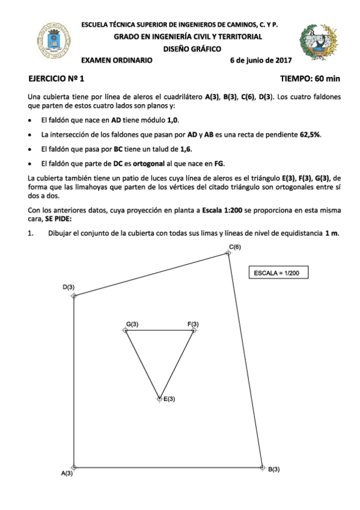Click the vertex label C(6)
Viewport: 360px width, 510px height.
click(x=235, y=247)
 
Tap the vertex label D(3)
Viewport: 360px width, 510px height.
click(x=69, y=287)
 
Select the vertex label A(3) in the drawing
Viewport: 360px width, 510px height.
click(x=67, y=474)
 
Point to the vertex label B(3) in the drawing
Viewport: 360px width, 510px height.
click(x=273, y=469)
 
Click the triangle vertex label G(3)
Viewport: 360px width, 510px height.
click(x=132, y=325)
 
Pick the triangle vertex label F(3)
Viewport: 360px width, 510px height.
click(x=193, y=325)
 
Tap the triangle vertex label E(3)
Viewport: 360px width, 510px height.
click(x=169, y=399)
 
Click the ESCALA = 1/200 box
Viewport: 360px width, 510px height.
click(x=277, y=272)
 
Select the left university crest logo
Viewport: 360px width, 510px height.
click(x=52, y=41)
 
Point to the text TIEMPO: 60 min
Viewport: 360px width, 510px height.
click(x=310, y=79)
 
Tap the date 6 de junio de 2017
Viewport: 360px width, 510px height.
click(x=260, y=60)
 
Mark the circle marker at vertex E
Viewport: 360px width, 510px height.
click(x=159, y=399)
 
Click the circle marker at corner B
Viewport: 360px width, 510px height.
click(x=263, y=467)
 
